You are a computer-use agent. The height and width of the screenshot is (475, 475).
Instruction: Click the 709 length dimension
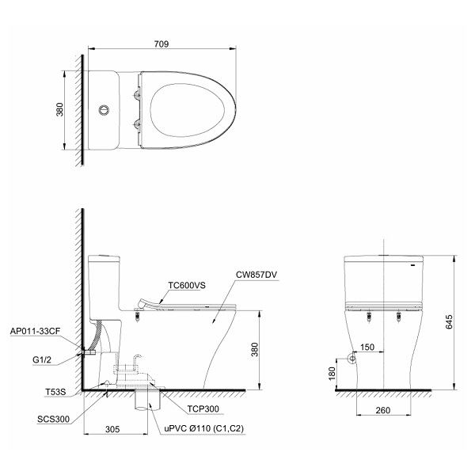point(161,44)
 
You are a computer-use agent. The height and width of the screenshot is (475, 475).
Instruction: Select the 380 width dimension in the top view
point(60,110)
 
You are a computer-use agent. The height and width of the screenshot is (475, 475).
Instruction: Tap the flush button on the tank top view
point(104,110)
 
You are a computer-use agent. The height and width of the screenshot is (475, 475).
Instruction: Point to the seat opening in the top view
point(187,110)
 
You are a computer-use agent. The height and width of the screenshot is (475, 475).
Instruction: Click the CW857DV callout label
point(256,275)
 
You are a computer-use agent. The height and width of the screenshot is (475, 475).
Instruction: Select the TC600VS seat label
point(187,285)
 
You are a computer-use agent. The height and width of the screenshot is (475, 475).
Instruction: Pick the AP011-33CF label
point(35,331)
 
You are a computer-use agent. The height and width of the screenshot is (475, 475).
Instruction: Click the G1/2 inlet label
point(42,360)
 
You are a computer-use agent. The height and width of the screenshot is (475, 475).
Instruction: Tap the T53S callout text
point(55,392)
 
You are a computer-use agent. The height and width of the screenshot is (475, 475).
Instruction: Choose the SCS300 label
point(53,420)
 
